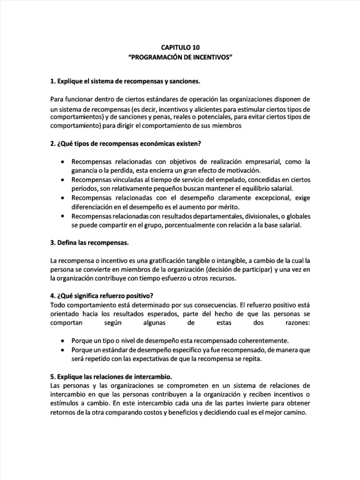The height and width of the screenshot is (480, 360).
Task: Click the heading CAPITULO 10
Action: pyautogui.click(x=180, y=47)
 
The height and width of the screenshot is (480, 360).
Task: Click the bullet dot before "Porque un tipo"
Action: pyautogui.click(x=62, y=340)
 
